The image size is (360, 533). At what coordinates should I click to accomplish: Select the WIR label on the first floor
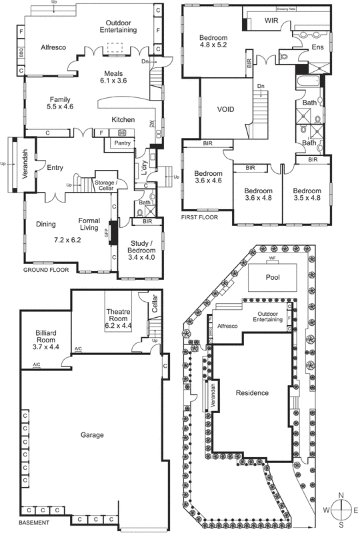pos(271,21)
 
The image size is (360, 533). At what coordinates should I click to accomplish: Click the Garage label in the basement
pos(92,435)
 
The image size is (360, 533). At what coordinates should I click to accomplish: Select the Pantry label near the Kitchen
pos(122,143)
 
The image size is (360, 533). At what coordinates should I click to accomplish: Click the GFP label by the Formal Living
pos(105,233)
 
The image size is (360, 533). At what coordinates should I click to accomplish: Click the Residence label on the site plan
pos(253,392)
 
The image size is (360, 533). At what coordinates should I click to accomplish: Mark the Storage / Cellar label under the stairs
pos(105,185)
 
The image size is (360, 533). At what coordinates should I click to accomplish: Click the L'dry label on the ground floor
pos(143,165)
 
